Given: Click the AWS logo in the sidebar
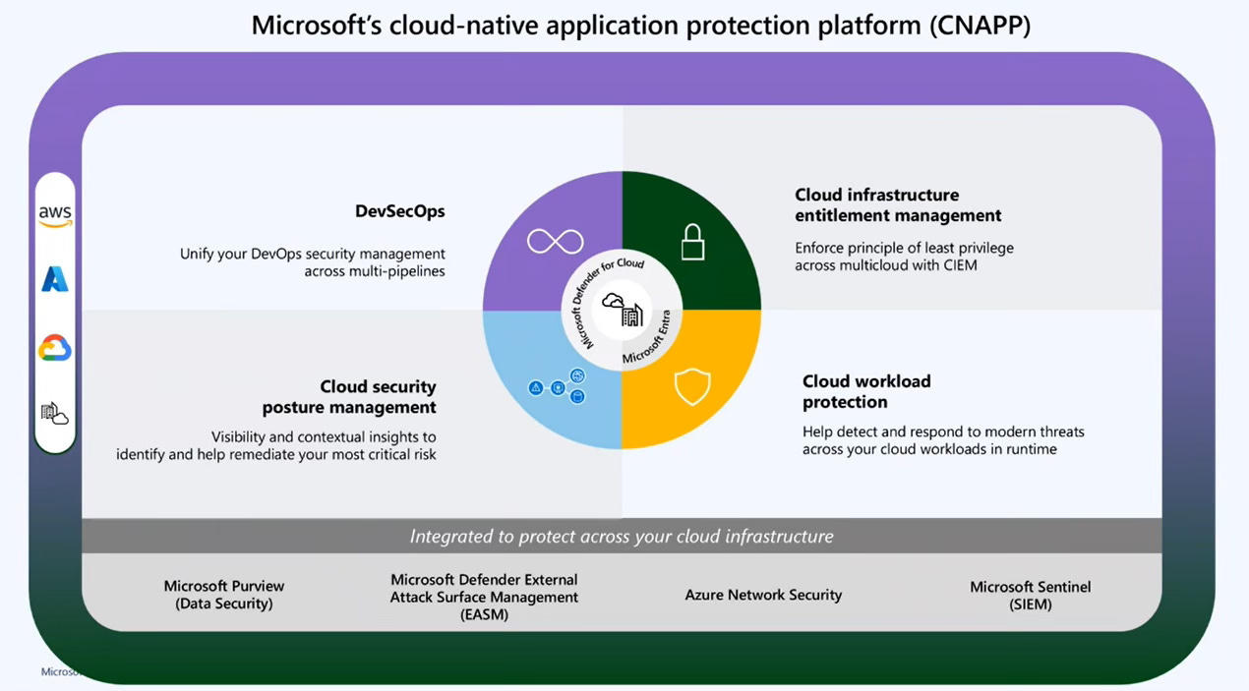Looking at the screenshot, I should tap(55, 215).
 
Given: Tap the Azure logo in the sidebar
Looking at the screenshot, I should tap(55, 280).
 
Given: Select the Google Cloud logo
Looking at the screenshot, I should tap(55, 348).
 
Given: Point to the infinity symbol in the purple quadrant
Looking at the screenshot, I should tap(555, 241).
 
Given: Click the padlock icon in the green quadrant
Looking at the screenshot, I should tap(693, 241).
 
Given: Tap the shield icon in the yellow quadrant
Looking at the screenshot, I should tap(692, 387).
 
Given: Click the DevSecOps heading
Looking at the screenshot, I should tap(399, 211).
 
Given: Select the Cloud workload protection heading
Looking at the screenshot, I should tap(865, 391).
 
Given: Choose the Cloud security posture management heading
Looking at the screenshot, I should tap(349, 397).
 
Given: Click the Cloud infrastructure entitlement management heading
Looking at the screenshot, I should tap(898, 204).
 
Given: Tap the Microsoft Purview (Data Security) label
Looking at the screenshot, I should tap(224, 595).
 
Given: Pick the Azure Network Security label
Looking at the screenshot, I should tap(763, 595).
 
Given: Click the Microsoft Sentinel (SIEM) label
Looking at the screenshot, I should tap(1030, 595).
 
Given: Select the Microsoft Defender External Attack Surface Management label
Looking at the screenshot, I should tap(484, 597).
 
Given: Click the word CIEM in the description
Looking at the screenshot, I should tap(958, 265).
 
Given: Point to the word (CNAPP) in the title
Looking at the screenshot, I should tap(980, 25).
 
